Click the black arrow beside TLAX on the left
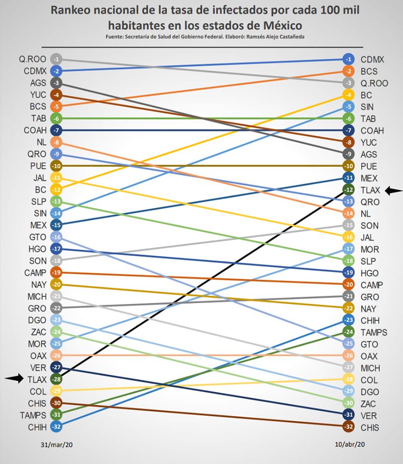coord(14,379)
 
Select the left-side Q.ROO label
coord(32,59)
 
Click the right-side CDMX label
coord(373,59)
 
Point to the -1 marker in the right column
coord(348,59)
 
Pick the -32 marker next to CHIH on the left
coord(56,427)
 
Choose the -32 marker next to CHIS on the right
coord(348,427)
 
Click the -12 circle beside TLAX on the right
coord(348,190)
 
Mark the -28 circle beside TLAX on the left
coord(56,379)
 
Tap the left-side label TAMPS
coord(33,415)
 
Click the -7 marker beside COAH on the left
coord(56,130)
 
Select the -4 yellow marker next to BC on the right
coord(348,95)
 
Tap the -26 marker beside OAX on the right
coord(348,356)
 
